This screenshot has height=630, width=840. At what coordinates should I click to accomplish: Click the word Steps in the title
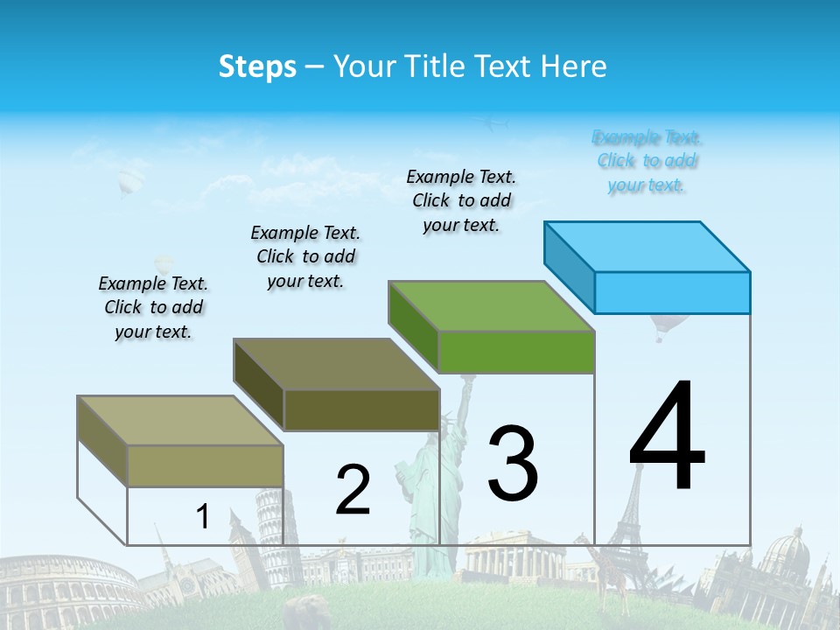(x=257, y=66)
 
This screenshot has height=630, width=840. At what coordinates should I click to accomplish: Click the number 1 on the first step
(x=203, y=517)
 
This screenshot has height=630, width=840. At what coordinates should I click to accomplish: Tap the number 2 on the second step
(x=353, y=490)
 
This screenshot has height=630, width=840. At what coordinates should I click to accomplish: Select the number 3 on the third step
(x=513, y=464)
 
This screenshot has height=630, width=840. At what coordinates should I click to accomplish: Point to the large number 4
(x=667, y=437)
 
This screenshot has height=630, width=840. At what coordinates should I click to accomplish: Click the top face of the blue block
(x=647, y=246)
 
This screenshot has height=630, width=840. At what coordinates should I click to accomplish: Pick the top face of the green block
(x=492, y=306)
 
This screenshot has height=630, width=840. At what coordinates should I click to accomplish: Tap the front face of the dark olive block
(x=361, y=409)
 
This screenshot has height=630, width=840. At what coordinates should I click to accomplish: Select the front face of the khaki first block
(x=206, y=465)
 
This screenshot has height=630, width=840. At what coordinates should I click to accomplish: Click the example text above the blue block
(x=647, y=161)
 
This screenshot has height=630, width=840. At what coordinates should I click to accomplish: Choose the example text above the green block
(x=461, y=200)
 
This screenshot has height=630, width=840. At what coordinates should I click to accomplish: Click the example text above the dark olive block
(x=305, y=256)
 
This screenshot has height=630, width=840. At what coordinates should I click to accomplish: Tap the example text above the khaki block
(x=153, y=307)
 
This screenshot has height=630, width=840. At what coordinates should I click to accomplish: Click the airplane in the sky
(x=495, y=124)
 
